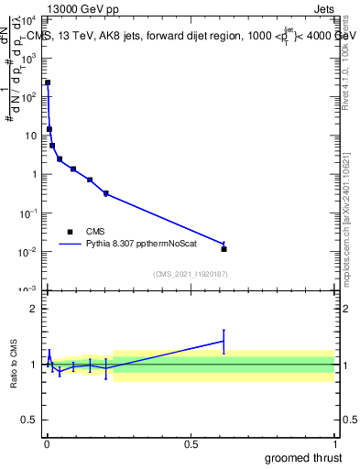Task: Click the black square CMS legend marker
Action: pyautogui.click(x=70, y=232)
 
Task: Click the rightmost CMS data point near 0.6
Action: pyautogui.click(x=224, y=248)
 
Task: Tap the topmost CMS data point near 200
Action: pyautogui.click(x=48, y=82)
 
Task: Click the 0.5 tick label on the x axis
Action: pyautogui.click(x=191, y=444)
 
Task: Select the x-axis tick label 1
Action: pyautogui.click(x=334, y=444)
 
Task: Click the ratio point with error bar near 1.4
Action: pyautogui.click(x=224, y=341)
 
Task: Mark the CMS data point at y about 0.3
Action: pyautogui.click(x=106, y=193)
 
